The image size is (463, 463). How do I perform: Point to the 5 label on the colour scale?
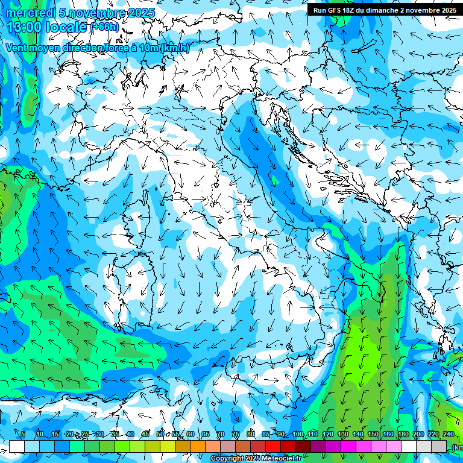click(x=23, y=434)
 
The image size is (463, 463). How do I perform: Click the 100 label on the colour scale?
click(x=298, y=434)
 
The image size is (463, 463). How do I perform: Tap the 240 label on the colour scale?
click(x=449, y=434)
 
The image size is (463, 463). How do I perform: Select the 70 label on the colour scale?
click(x=221, y=434)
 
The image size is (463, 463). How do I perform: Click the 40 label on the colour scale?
click(x=130, y=434)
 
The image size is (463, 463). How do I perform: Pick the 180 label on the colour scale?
click(x=403, y=434)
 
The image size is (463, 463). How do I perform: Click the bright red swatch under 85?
click(x=273, y=446)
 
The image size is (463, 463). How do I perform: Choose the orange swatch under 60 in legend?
click(x=198, y=446)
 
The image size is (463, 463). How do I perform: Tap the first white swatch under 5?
click(x=17, y=446)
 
